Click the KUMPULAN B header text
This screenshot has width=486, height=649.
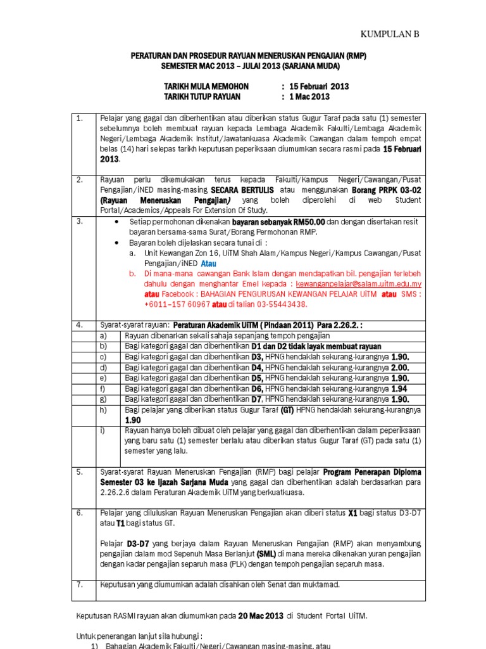pos(390,34)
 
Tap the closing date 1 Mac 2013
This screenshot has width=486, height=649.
pos(309,97)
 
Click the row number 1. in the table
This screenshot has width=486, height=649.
pos(80,119)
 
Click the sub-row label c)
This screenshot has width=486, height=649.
pos(104,357)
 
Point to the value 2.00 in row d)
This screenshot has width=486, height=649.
pos(400,368)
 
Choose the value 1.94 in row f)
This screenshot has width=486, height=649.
pos(400,389)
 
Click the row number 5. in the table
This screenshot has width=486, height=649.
pos(80,472)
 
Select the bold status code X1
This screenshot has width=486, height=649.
pos(353,513)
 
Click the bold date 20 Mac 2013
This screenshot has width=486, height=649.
pos(260,615)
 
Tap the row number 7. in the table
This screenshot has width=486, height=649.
pos(80,584)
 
